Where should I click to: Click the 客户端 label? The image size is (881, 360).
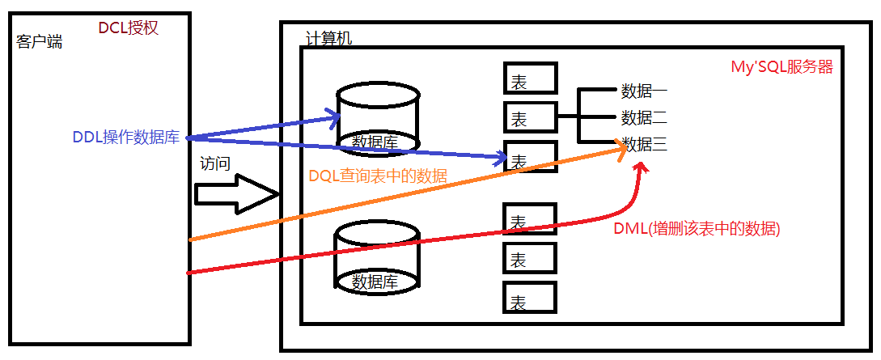point(39,42)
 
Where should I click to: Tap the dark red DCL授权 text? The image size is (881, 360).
point(128,28)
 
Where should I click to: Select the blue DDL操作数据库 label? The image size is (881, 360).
point(125,137)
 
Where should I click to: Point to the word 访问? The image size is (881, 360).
point(215,163)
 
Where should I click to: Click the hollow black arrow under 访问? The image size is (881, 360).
point(235,194)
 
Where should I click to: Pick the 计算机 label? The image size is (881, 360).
point(329,39)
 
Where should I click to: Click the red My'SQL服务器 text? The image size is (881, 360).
point(781,67)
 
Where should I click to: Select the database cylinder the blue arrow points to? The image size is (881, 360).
point(379,117)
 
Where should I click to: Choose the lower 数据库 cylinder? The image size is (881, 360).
point(379,257)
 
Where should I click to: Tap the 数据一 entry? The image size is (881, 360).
point(644,90)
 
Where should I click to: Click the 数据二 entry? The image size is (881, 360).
point(644,117)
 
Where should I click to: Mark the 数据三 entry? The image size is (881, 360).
point(644,145)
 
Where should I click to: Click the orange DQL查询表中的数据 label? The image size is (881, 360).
point(378,176)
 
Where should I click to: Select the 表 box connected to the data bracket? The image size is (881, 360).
point(531,118)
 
